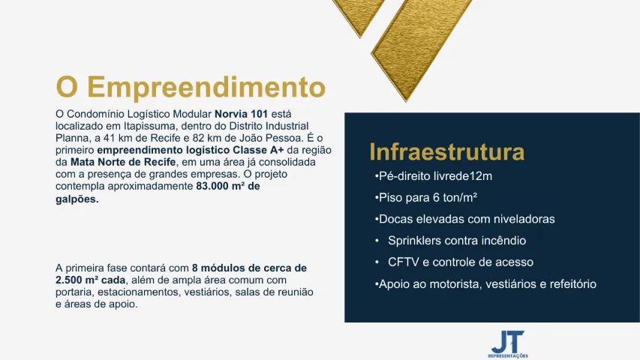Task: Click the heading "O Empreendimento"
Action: pyautogui.click(x=191, y=87)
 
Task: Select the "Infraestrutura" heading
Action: pyautogui.click(x=446, y=152)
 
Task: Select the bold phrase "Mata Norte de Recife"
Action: pyautogui.click(x=124, y=162)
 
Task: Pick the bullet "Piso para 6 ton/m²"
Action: pyautogui.click(x=426, y=198)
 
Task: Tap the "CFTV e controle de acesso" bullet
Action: pyautogui.click(x=460, y=262)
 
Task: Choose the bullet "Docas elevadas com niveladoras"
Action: pyautogui.click(x=464, y=219)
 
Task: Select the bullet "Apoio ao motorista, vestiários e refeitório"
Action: pyautogui.click(x=485, y=284)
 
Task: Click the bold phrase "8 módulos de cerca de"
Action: pyautogui.click(x=249, y=268)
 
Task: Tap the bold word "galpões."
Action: pyautogui.click(x=77, y=199)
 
